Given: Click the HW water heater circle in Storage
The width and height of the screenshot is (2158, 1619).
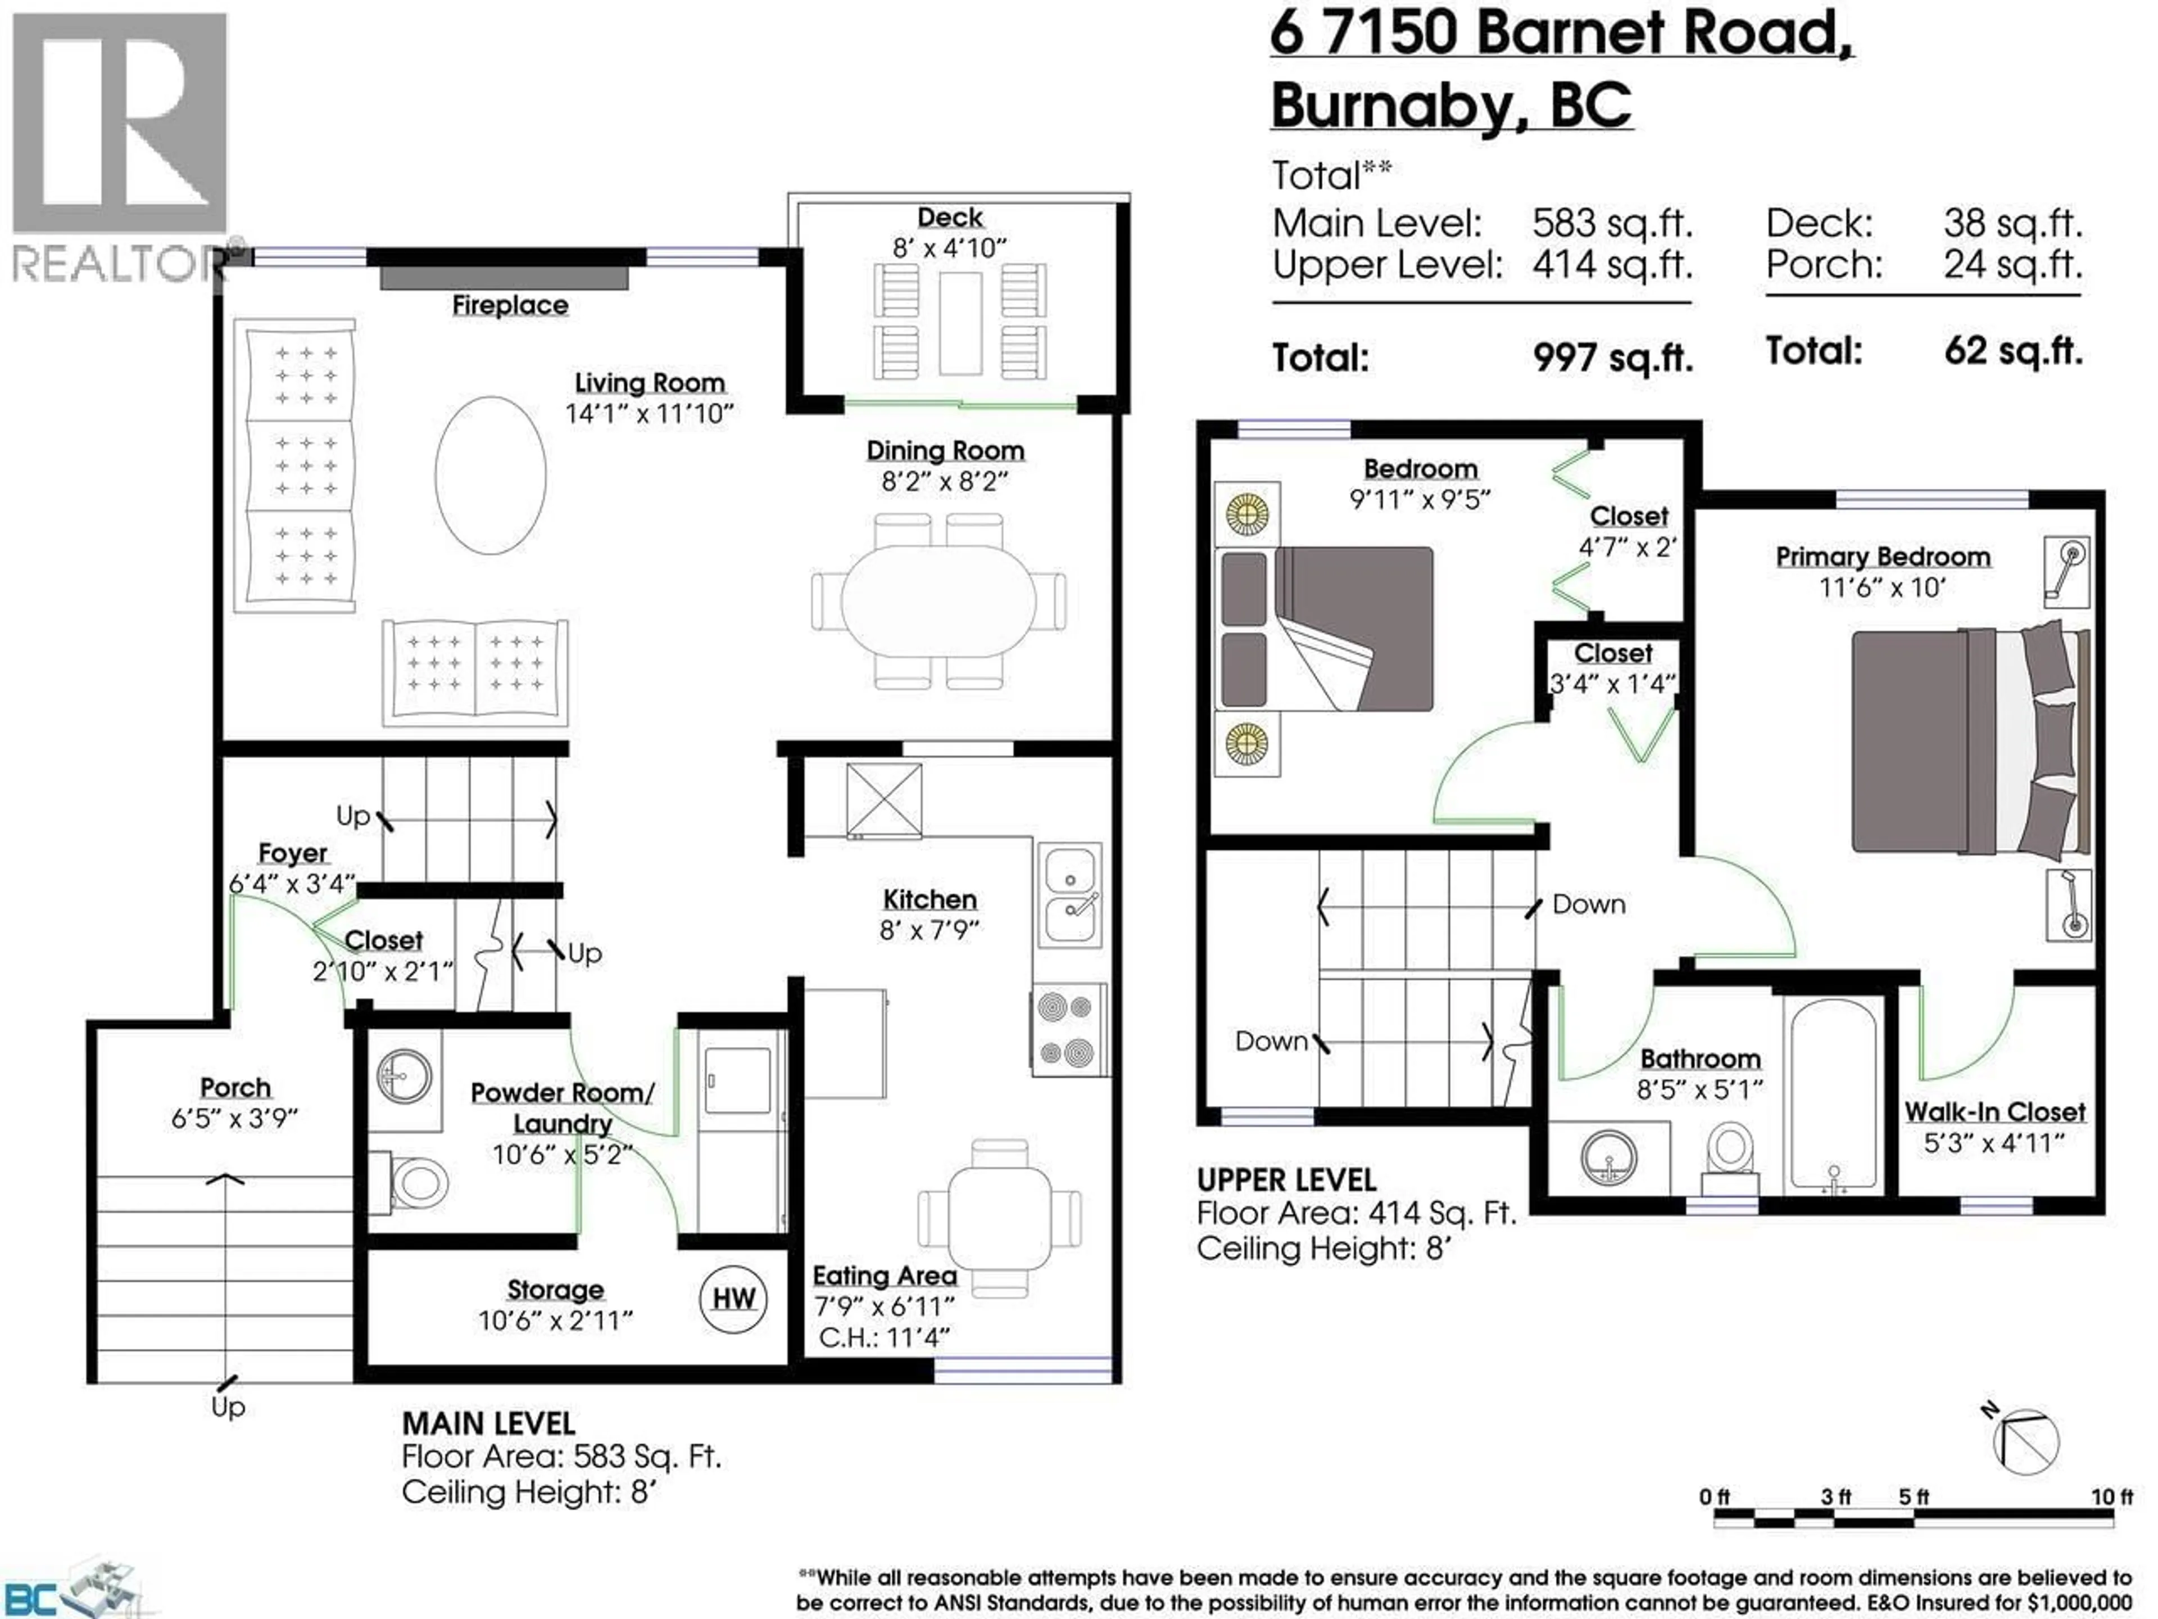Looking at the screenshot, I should click(733, 1299).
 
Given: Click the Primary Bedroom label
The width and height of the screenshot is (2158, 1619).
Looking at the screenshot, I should click(1882, 557).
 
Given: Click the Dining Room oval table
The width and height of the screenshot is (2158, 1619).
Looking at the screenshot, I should click(939, 600).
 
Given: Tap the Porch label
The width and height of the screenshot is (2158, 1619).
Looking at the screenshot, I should click(235, 1087).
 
